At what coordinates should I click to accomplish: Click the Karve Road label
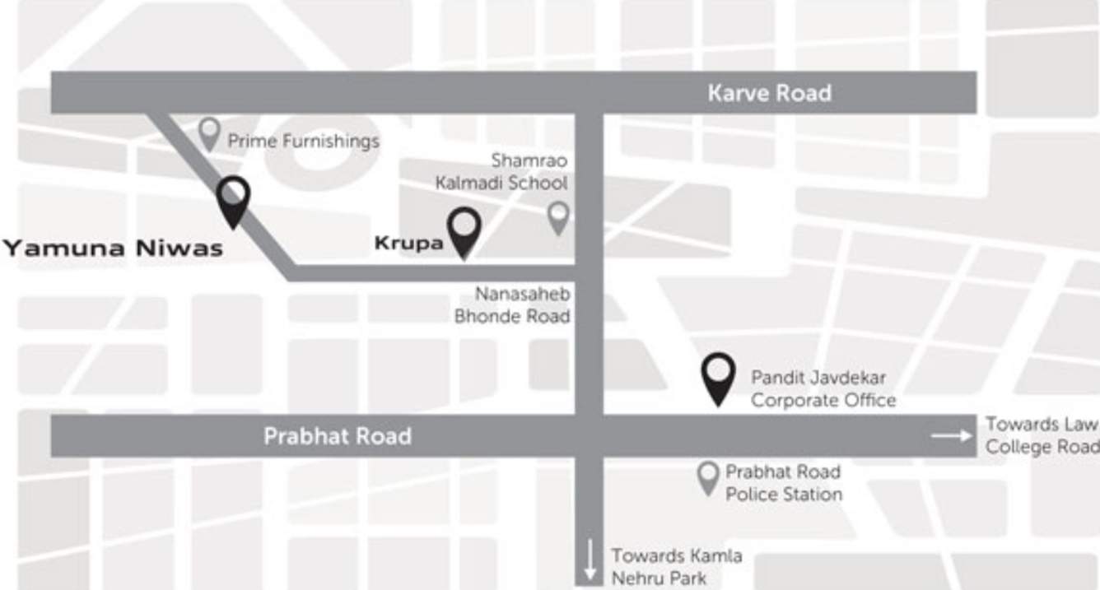point(769,93)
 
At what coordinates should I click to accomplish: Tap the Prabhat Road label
point(337,436)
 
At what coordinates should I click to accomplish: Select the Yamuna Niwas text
point(113,248)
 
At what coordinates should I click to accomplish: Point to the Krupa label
point(408,244)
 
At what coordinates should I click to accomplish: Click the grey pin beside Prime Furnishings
point(210,132)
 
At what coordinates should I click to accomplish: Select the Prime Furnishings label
point(303,141)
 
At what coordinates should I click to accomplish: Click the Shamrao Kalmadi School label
point(502,171)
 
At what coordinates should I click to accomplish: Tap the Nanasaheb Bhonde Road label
point(512,304)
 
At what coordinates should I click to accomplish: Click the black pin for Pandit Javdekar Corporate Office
point(719,378)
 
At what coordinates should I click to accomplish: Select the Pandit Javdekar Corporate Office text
point(823,389)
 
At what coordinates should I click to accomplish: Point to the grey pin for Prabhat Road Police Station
point(708,476)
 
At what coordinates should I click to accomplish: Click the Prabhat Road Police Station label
point(783,483)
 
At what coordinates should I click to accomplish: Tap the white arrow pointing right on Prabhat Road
point(952,435)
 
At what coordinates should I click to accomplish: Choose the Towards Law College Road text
point(1042,435)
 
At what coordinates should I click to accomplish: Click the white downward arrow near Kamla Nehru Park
point(590,560)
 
